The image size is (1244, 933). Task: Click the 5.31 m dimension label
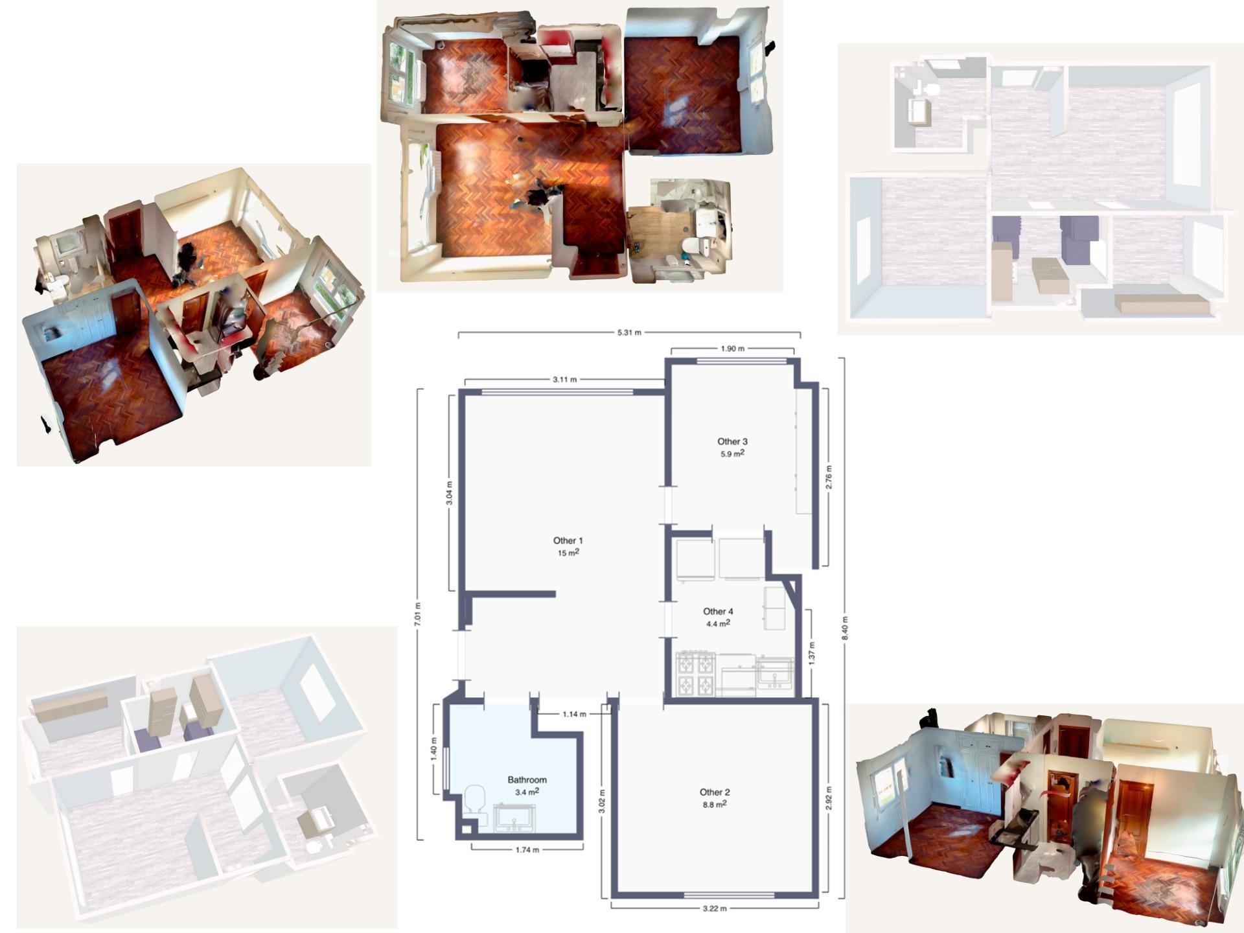[x=628, y=332]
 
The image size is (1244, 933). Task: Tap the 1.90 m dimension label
[x=732, y=349]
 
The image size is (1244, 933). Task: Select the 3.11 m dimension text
[x=564, y=380]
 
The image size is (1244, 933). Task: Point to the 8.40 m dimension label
[x=844, y=628]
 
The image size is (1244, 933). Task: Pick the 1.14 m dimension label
[x=574, y=714]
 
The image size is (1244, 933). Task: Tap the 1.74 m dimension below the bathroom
[x=527, y=850]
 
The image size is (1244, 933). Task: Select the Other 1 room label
[x=568, y=540]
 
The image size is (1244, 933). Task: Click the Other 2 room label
[x=715, y=792]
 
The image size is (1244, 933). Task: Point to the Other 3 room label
[x=732, y=441]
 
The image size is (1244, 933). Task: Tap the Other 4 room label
[x=718, y=611]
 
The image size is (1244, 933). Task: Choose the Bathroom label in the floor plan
[x=527, y=779]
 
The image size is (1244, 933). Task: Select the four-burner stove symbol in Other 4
[x=695, y=674]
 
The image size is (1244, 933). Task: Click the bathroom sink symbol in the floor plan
[x=514, y=818]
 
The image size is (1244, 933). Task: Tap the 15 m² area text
[x=568, y=553]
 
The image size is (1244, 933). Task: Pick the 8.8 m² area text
[x=715, y=804]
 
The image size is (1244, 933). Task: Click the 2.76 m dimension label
[x=829, y=477]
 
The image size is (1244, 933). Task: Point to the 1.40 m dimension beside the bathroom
[x=433, y=748]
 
